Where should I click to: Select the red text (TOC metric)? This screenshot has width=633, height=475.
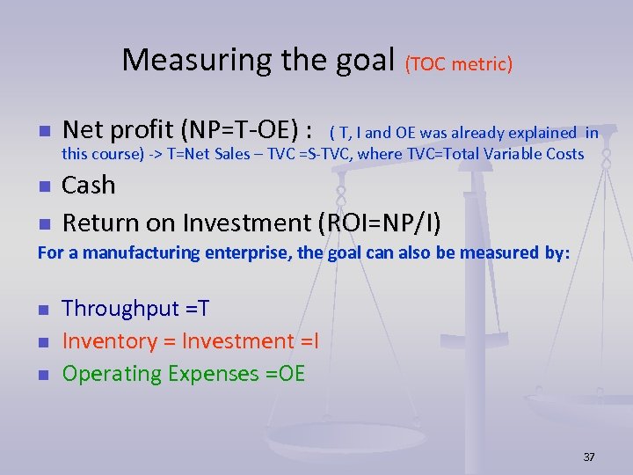[458, 63]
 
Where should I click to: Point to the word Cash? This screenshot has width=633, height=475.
[89, 186]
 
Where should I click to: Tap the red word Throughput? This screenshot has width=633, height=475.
[116, 309]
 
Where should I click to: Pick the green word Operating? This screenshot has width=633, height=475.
[114, 374]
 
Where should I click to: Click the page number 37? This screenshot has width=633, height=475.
[589, 457]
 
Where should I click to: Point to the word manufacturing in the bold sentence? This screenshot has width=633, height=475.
[120, 253]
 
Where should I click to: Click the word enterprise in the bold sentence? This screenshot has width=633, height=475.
[247, 253]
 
